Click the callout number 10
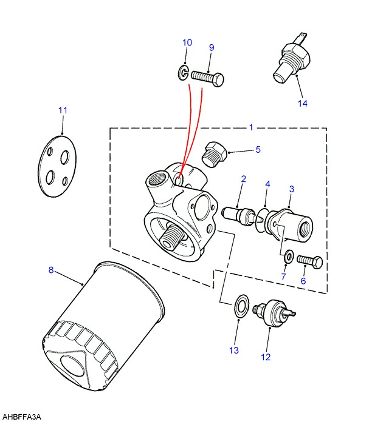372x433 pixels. pos(187,43)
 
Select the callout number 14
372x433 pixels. pos(303,103)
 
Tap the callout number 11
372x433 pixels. pos(63,110)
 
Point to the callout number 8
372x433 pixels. pos(51,269)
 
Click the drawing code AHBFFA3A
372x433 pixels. pos(22,417)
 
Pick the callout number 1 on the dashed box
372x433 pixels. pos(251,127)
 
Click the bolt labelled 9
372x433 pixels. pos(207,78)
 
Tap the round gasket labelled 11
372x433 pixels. pos(57,166)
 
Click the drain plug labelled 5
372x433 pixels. pos(215,155)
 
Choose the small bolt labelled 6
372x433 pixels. pos(310,261)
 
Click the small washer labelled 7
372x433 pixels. pos(289,257)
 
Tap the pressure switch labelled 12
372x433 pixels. pos(274,313)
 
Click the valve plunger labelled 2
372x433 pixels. pos(239,216)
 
